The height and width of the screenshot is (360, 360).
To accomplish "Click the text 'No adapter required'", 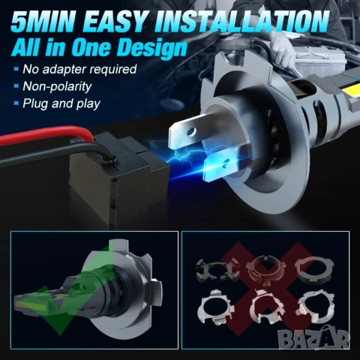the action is pyautogui.click(x=79, y=69).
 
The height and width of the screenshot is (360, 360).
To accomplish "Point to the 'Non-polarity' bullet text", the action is pyautogui.click(x=57, y=86).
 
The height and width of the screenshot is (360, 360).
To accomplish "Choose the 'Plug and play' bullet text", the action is pyautogui.click(x=61, y=103).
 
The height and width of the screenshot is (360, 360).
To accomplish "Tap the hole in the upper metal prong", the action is pyautogui.click(x=192, y=131).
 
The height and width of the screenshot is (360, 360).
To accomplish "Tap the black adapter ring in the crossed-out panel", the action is pyautogui.click(x=217, y=271).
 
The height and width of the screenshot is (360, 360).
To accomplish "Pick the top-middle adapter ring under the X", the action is pyautogui.click(x=265, y=271).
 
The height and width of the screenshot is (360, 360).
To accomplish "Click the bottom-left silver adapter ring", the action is pyautogui.click(x=216, y=307).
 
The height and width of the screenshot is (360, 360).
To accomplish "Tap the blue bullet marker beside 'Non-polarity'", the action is pyautogui.click(x=16, y=86).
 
